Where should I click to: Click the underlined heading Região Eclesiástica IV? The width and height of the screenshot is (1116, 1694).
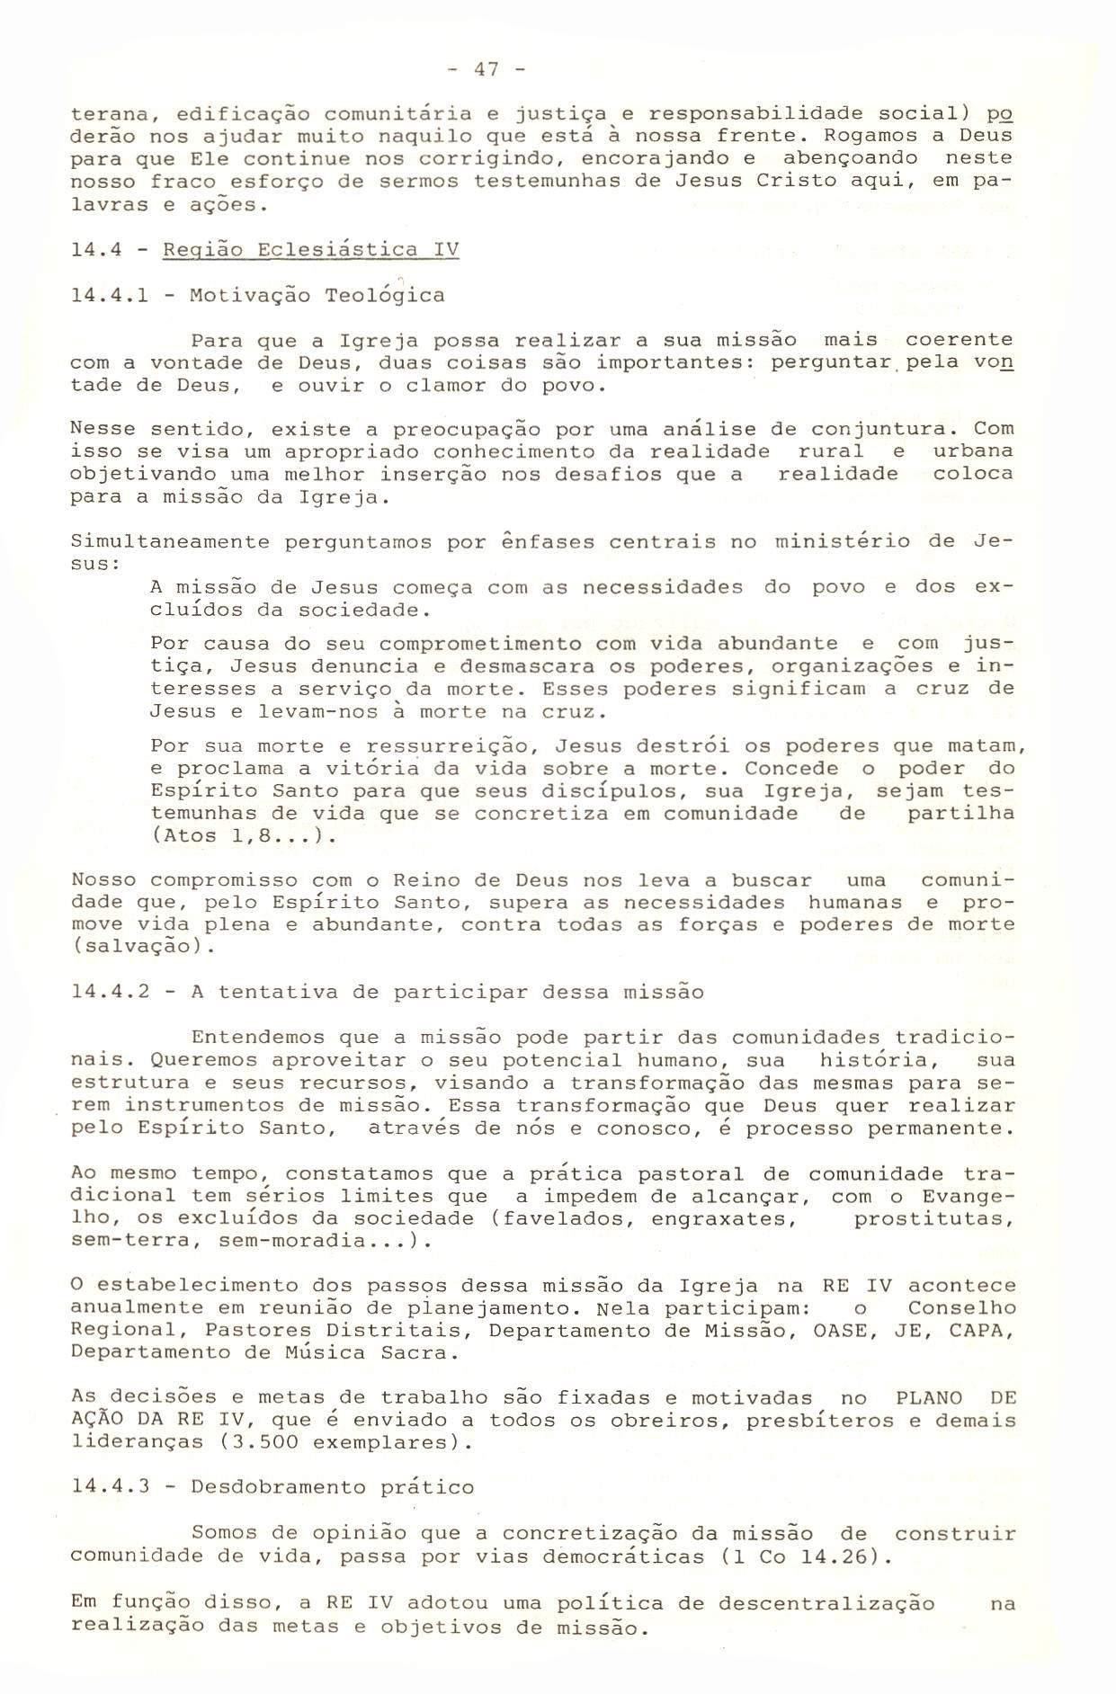(310, 249)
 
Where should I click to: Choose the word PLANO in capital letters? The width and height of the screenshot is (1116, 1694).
(929, 1398)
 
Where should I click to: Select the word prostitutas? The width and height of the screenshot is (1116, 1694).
(933, 1219)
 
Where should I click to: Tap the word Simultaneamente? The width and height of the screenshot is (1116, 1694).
(171, 542)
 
